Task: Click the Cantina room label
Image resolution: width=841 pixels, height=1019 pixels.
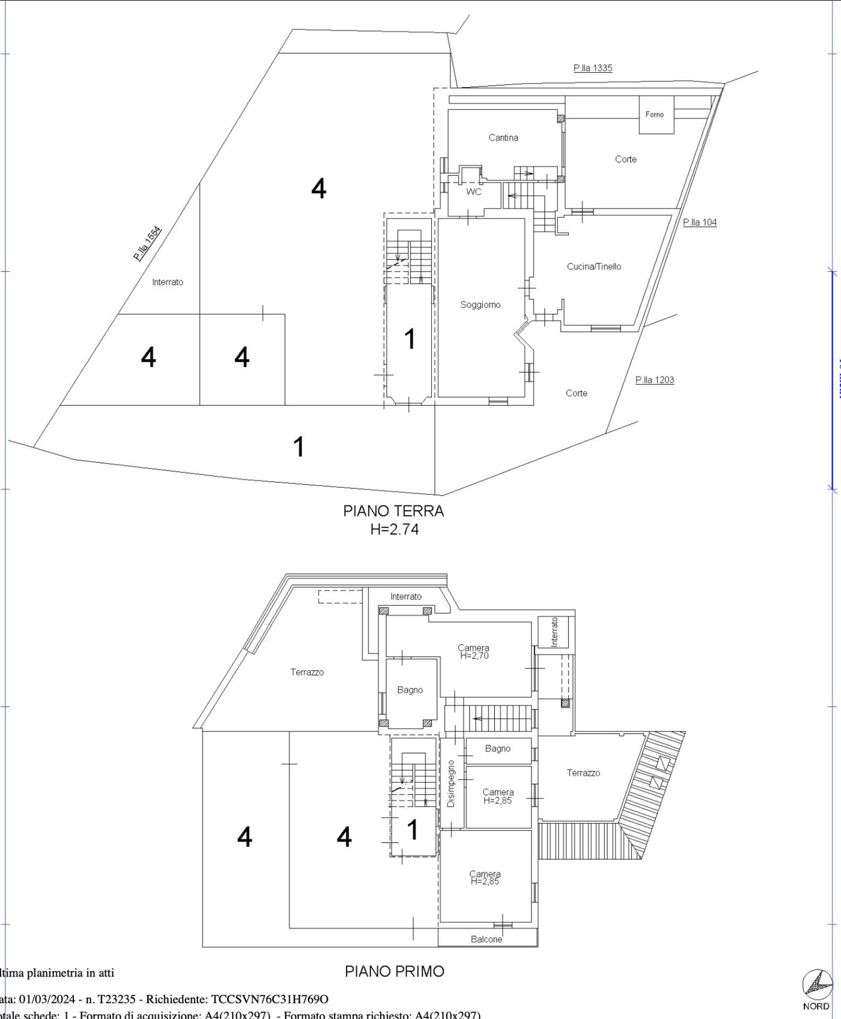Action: tap(503, 138)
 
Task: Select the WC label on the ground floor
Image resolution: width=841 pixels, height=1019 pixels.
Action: tap(474, 192)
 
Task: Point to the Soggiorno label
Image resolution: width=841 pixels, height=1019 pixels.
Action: tap(480, 305)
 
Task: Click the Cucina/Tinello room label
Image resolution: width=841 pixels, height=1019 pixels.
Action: tap(594, 266)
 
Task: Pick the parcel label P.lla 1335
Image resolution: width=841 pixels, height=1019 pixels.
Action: tap(593, 68)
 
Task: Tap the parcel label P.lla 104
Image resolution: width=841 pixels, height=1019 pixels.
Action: tap(699, 222)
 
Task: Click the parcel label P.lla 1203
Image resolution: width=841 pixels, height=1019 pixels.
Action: tap(654, 380)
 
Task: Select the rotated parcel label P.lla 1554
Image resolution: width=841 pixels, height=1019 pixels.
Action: tap(147, 244)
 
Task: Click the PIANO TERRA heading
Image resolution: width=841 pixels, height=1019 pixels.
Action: tap(393, 511)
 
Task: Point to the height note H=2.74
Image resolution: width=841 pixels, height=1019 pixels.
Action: tap(394, 529)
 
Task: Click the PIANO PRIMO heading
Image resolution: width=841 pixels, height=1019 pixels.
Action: tap(394, 971)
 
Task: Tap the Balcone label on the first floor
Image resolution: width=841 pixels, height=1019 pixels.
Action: tap(486, 939)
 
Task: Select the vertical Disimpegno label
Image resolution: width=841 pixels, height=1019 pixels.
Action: tap(451, 783)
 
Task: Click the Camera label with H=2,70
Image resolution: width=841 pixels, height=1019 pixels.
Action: tap(474, 651)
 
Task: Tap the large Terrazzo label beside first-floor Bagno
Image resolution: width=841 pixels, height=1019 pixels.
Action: tap(307, 672)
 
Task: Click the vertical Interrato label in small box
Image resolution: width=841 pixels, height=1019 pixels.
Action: tap(554, 632)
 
